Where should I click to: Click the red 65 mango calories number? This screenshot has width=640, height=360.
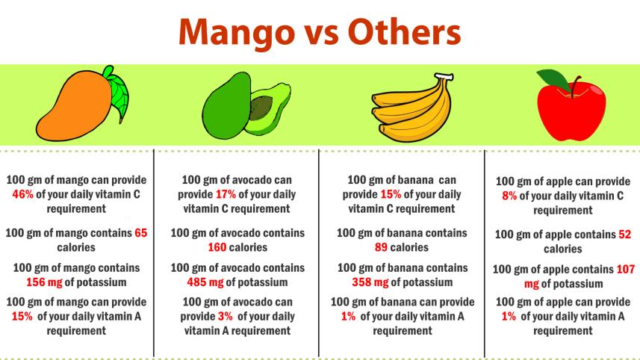140,233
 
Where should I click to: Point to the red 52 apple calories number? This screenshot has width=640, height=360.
624,235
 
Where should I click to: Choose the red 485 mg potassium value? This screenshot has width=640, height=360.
205,282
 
